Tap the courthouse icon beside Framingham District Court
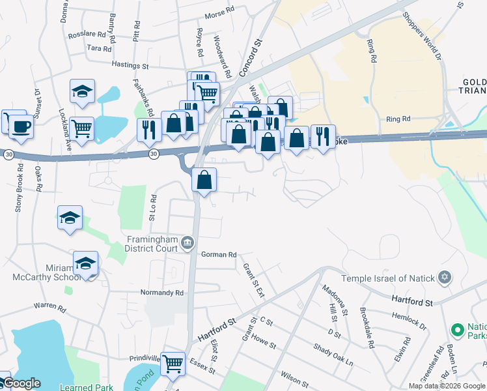188,243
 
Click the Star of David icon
445,278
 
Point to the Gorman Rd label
218,255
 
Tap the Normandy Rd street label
162,293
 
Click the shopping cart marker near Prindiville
172,362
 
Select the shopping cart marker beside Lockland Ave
82,128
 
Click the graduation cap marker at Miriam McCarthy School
85,263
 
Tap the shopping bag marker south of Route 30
204,179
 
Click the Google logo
21,384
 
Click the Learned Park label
77,388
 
